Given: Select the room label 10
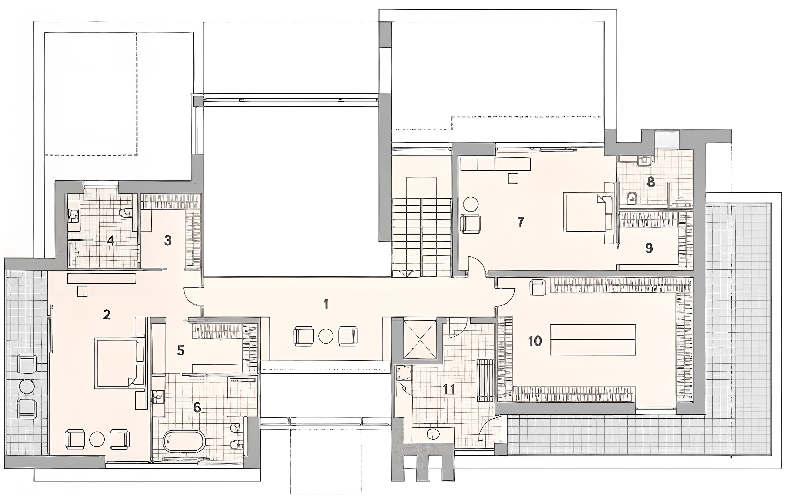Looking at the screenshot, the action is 535,341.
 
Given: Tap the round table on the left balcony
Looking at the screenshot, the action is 27,386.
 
